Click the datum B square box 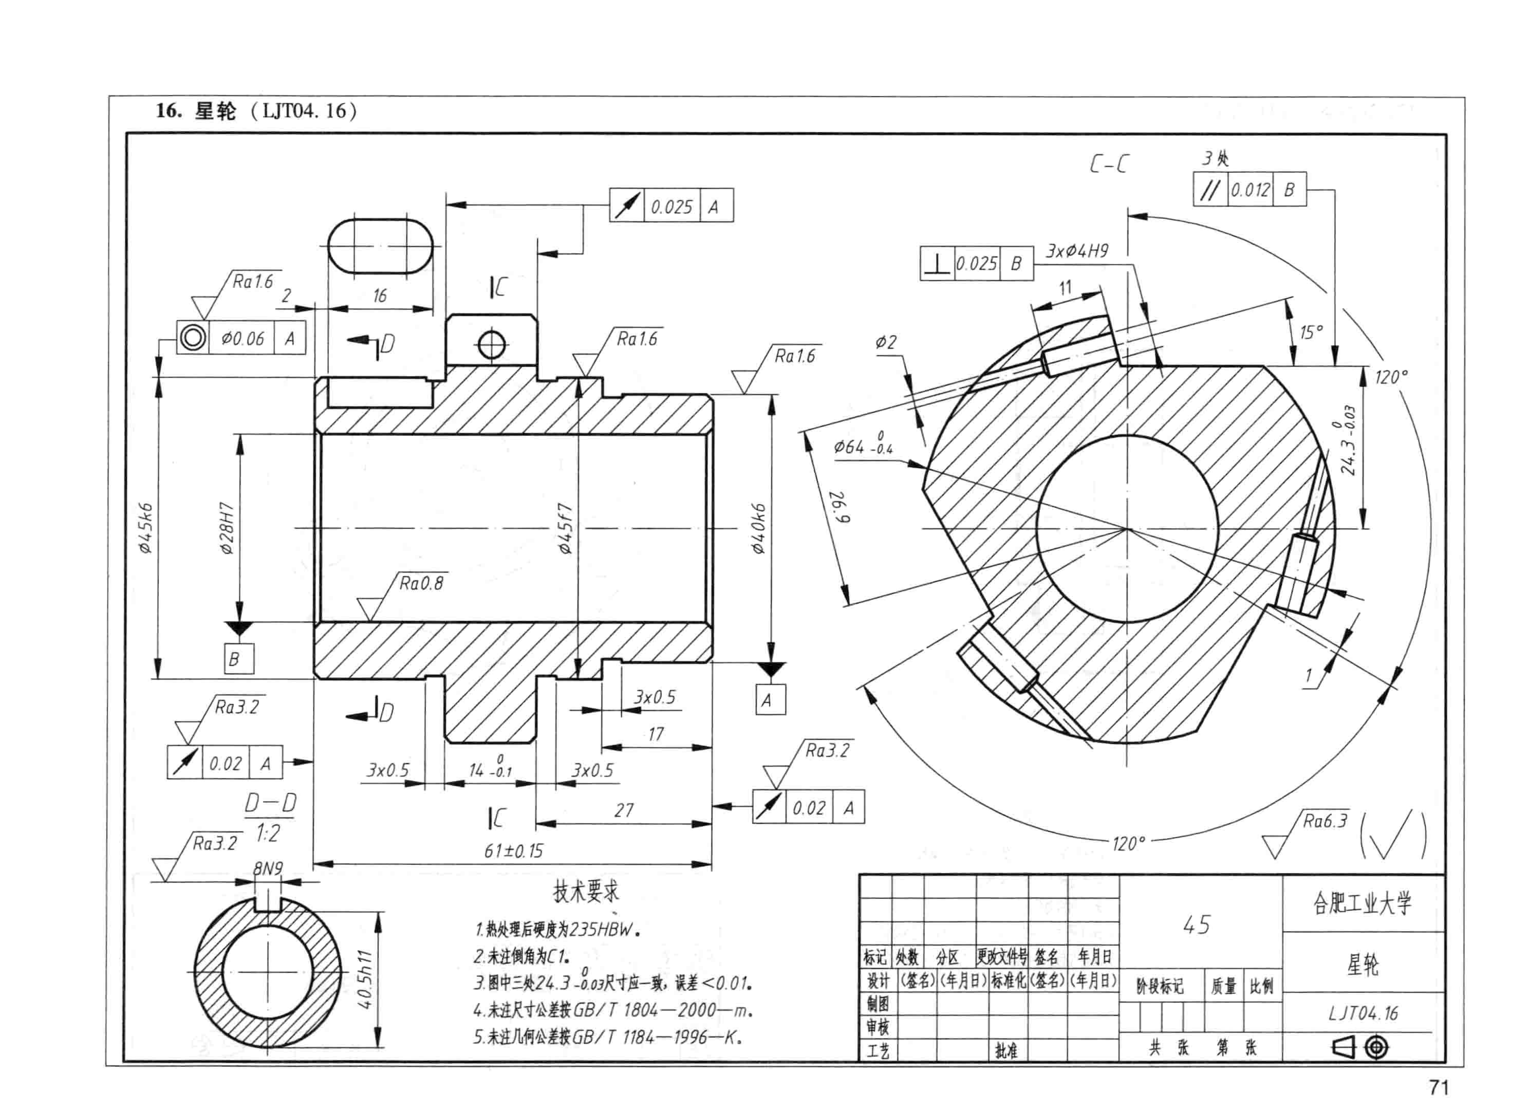(x=239, y=659)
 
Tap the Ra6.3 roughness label (x=1325, y=821)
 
